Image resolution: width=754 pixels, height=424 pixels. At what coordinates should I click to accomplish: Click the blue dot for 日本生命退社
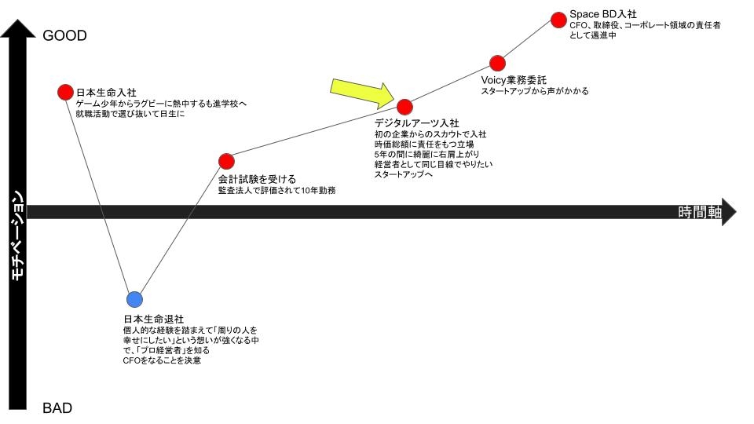click(x=134, y=299)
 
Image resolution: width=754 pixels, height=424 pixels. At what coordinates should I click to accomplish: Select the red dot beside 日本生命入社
click(x=65, y=93)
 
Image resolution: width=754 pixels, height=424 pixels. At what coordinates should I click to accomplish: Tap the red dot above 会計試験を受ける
click(x=226, y=162)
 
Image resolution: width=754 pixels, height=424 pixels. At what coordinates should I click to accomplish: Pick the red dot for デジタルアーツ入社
click(x=405, y=107)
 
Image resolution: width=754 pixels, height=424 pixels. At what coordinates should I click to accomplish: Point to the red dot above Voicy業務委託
click(x=498, y=63)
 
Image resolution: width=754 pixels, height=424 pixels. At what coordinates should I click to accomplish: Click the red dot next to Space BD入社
click(x=558, y=20)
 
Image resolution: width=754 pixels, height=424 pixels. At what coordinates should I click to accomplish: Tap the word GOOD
click(x=65, y=35)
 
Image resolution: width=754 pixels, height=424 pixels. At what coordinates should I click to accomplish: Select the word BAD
click(x=57, y=408)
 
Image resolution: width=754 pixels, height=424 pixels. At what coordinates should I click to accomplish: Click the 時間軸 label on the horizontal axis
click(x=700, y=212)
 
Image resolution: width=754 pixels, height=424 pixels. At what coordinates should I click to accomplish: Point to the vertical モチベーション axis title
click(x=17, y=236)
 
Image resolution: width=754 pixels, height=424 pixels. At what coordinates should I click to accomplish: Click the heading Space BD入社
click(x=603, y=14)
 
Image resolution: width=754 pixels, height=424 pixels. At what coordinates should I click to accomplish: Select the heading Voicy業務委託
click(x=514, y=80)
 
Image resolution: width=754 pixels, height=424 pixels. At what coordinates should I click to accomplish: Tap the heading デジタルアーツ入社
click(x=416, y=123)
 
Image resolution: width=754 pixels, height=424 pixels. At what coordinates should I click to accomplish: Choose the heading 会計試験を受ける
click(x=258, y=179)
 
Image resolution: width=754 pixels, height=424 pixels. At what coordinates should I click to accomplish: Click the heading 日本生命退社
click(x=154, y=320)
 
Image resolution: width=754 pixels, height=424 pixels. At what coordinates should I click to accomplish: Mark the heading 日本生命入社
click(x=106, y=93)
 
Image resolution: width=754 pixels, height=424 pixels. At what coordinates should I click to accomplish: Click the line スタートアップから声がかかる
click(x=535, y=91)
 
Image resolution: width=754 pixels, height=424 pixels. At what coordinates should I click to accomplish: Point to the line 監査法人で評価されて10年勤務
click(x=277, y=190)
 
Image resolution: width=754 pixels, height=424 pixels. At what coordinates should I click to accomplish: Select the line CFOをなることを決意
click(x=162, y=360)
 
